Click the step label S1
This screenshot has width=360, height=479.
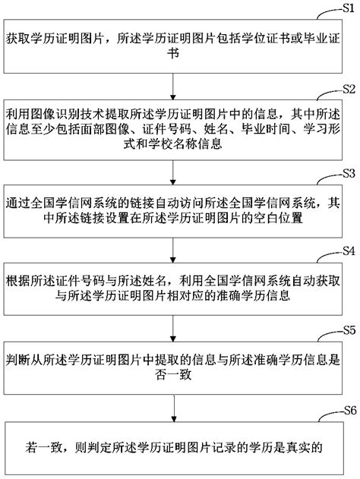pos(347,9)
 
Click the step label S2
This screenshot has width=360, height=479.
pos(347,88)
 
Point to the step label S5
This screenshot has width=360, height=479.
pos(347,331)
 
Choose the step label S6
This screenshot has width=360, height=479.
pos(347,410)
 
